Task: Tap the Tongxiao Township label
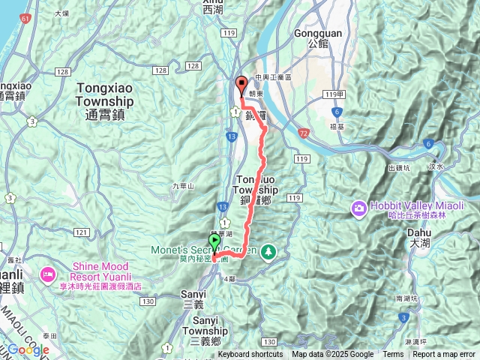click(x=104, y=94)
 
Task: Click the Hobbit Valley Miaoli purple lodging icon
click(x=359, y=206)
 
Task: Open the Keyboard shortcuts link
click(x=250, y=355)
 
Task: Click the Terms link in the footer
click(x=393, y=355)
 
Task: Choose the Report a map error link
click(x=444, y=355)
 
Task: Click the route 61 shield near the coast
click(x=26, y=17)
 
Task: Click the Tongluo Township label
click(x=256, y=184)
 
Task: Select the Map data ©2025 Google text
click(x=333, y=355)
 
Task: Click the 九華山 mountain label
click(x=182, y=186)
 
